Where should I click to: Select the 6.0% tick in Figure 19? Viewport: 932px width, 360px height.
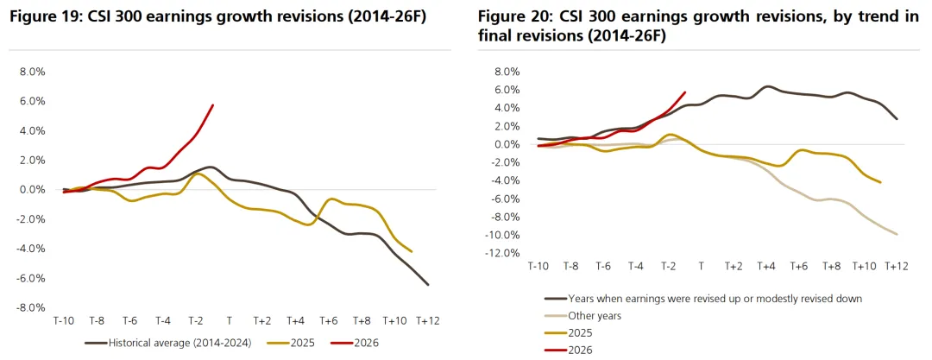point(33,101)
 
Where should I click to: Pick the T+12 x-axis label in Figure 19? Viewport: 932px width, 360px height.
point(428,320)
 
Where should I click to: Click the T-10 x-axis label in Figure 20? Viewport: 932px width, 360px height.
point(538,267)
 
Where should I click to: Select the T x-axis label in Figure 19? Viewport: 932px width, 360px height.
point(230,320)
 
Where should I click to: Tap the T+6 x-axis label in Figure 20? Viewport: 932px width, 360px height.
point(799,267)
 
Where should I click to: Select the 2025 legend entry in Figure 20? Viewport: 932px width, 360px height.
point(579,332)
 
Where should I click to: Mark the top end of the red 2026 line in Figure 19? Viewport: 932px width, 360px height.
point(213,104)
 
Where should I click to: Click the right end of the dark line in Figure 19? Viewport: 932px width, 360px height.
point(428,284)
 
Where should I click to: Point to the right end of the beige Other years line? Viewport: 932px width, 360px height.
point(897,234)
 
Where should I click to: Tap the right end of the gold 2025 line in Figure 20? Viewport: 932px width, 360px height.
point(881,182)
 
